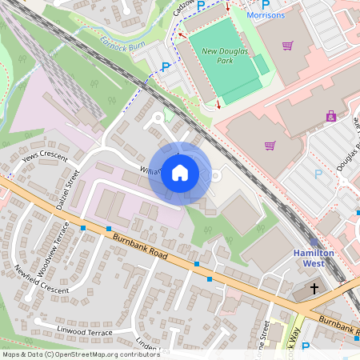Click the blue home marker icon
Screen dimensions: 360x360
point(180,172)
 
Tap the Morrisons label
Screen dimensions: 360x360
point(265,15)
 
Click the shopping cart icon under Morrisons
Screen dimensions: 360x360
point(287,46)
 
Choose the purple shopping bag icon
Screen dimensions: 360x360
point(330,116)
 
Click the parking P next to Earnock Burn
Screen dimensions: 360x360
point(166,67)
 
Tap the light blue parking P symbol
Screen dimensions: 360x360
point(318,174)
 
